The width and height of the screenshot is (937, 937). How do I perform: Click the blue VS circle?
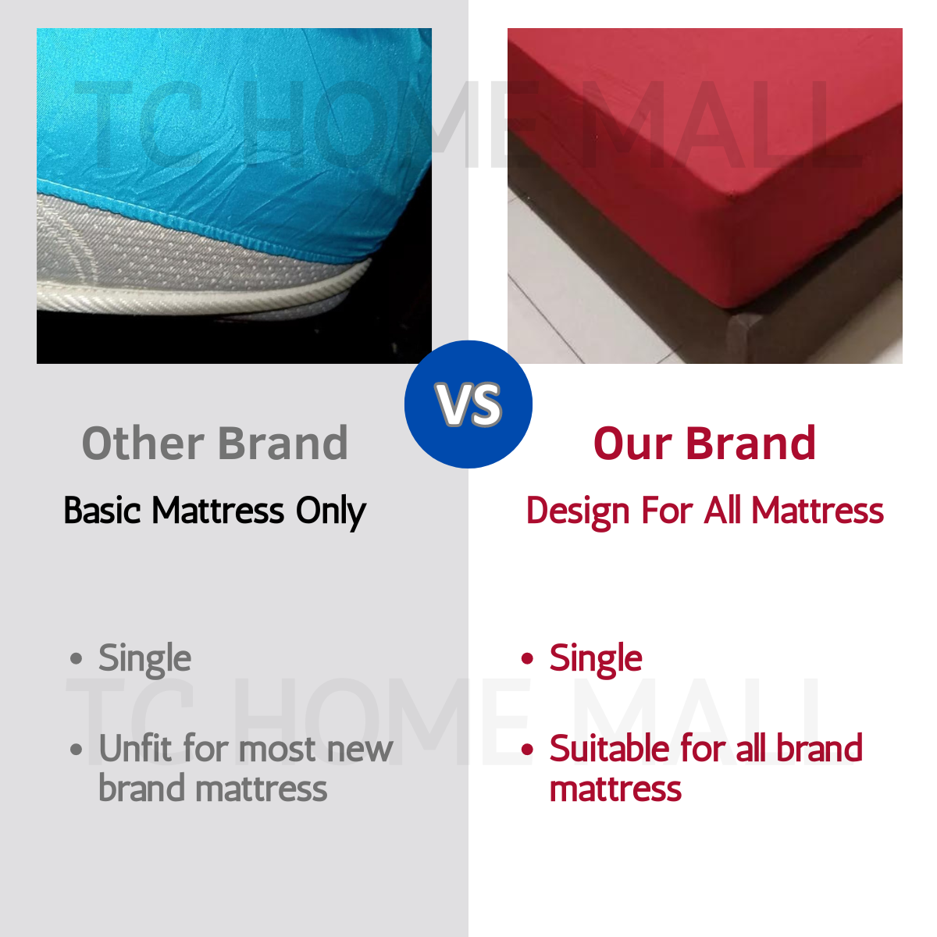pyautogui.click(x=468, y=404)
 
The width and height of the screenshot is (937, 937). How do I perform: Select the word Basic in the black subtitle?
pyautogui.click(x=102, y=511)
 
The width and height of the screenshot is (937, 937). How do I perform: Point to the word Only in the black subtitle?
pyautogui.click(x=330, y=512)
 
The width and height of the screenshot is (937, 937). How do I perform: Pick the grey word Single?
pyautogui.click(x=144, y=659)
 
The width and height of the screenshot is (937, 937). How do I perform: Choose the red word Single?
pyautogui.click(x=596, y=659)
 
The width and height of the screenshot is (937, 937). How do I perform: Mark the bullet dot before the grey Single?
pyautogui.click(x=76, y=659)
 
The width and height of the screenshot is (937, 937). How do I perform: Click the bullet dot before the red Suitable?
pyautogui.click(x=527, y=750)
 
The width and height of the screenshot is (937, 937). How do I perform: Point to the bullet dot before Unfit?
pyautogui.click(x=76, y=750)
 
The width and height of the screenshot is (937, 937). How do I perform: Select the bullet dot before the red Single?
pyautogui.click(x=527, y=659)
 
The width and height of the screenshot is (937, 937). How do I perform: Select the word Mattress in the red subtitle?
pyautogui.click(x=818, y=511)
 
